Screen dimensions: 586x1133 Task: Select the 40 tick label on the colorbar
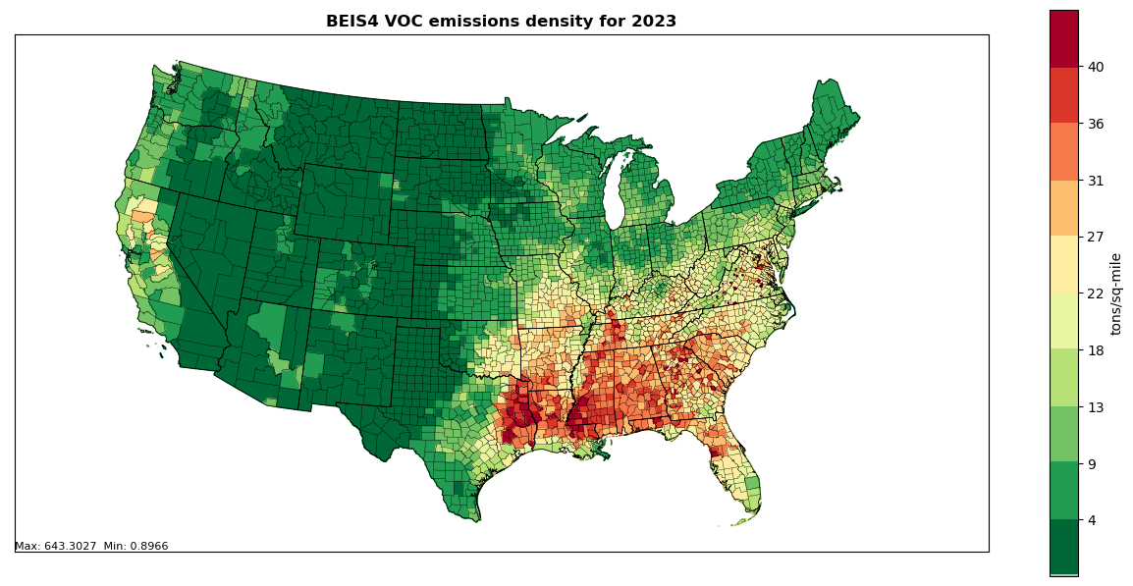1095,67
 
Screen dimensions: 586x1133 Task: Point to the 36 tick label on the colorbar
1095,124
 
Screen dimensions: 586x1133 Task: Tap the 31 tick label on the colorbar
1095,181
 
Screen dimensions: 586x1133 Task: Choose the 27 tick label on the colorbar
1095,237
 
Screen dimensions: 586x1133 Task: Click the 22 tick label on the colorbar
1095,293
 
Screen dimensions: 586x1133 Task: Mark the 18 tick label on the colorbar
1095,350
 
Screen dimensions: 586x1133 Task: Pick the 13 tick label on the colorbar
1095,407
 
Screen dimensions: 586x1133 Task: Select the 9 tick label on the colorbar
1091,463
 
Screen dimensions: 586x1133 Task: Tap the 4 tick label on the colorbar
1091,520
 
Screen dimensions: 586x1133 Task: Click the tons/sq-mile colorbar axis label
1116,293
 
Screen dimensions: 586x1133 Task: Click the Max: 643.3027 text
57,547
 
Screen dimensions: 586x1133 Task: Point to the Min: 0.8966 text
136,547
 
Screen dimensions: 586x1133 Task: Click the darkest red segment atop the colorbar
1063,38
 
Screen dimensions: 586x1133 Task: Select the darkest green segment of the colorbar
1063,546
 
